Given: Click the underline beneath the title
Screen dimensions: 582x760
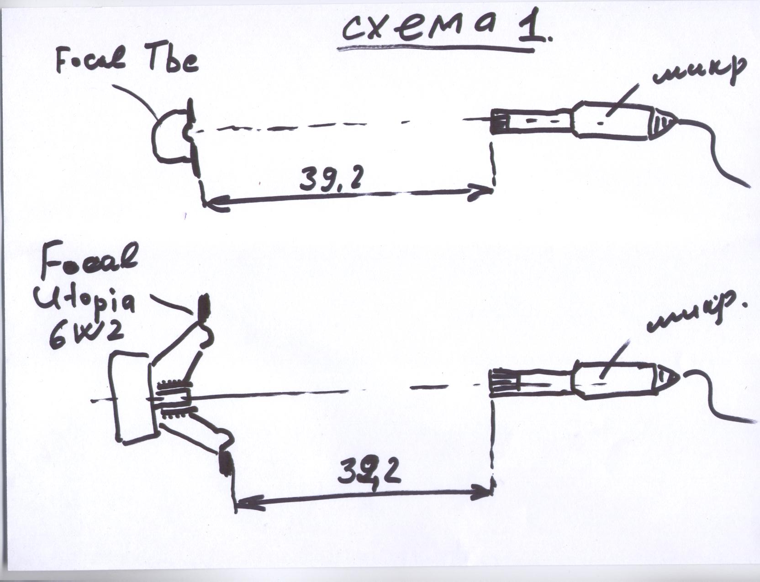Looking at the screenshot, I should [436, 49].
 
